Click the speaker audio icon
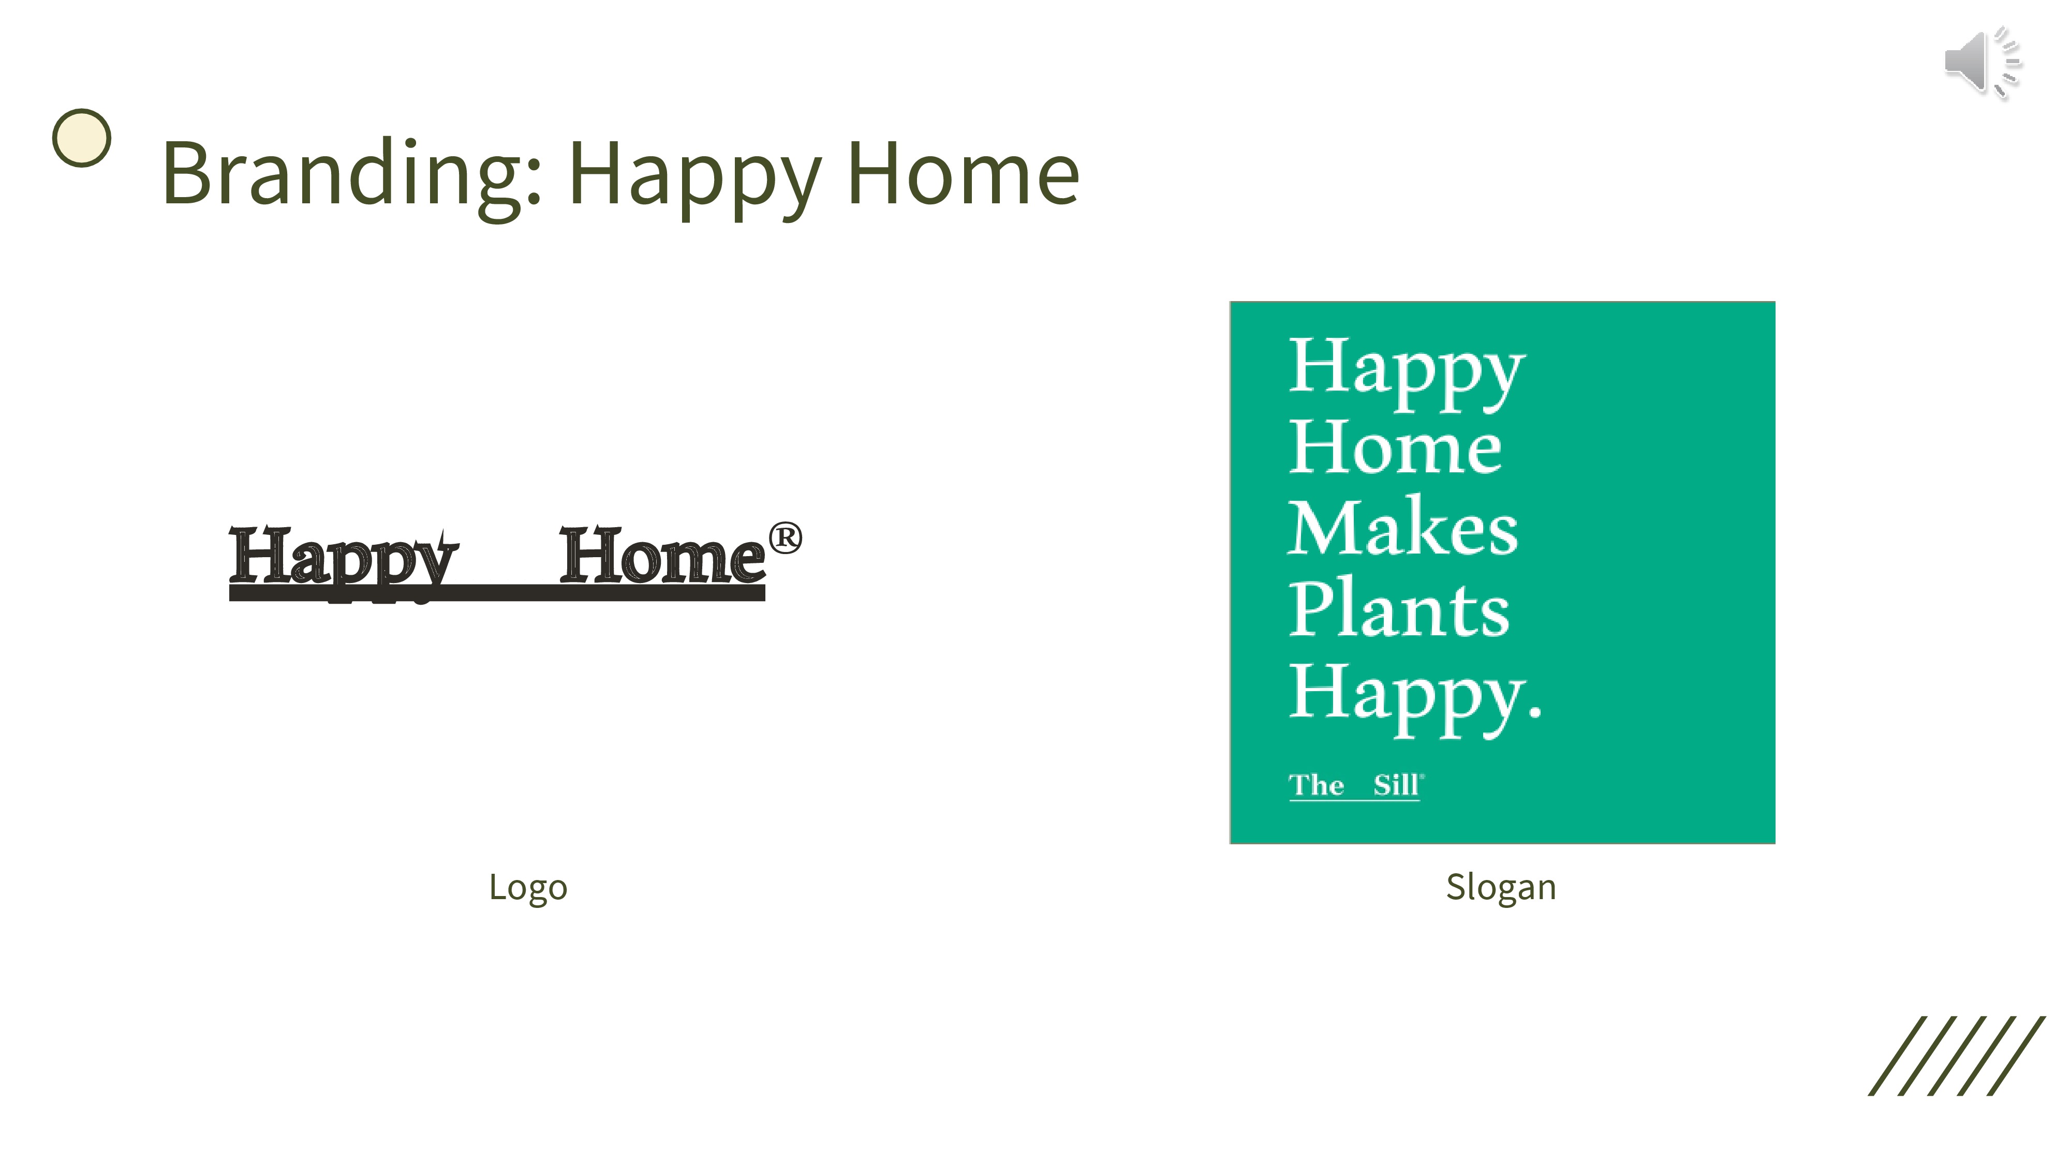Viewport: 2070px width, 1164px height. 1983,63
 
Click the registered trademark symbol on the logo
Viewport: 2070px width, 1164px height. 785,538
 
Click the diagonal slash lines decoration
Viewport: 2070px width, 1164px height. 1957,1055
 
